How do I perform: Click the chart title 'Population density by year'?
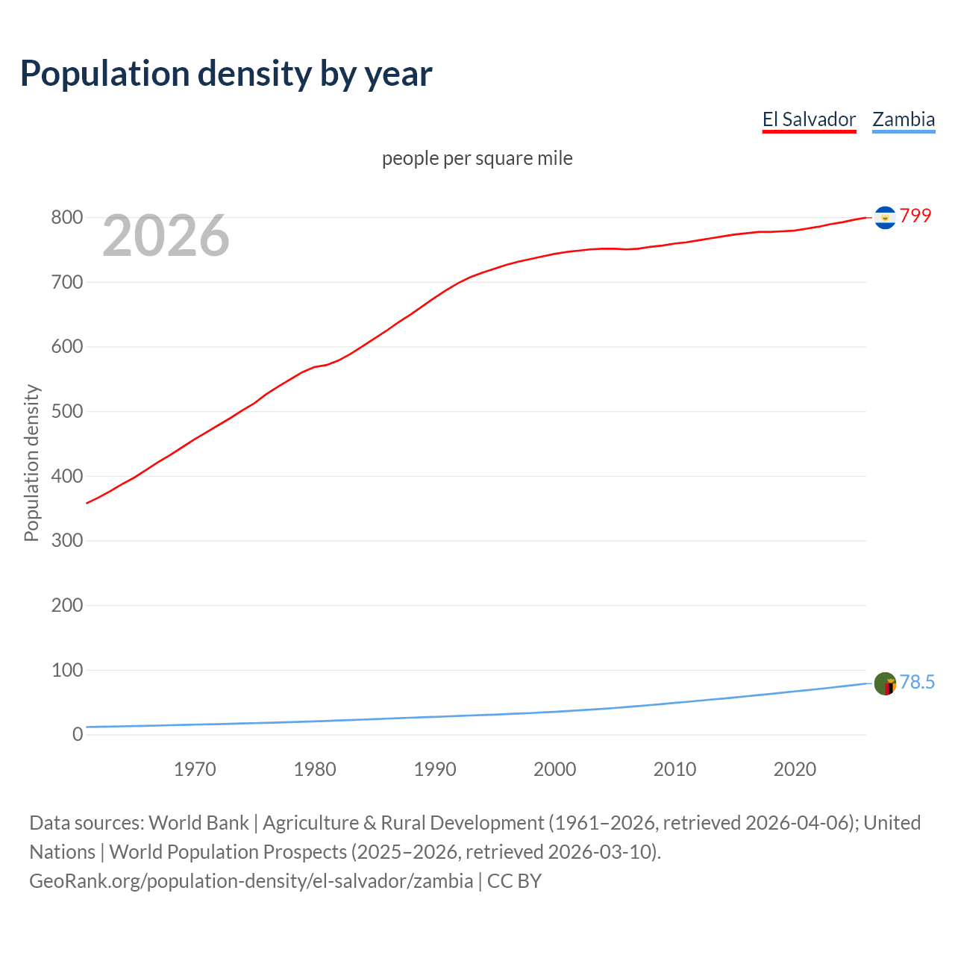point(226,74)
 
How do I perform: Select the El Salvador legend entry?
point(809,119)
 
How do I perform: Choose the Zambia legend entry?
point(904,119)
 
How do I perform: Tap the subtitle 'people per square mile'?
point(477,159)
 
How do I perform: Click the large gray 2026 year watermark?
point(166,236)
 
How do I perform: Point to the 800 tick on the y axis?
point(66,218)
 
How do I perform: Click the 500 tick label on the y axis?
point(66,412)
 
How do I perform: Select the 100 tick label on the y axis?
point(66,670)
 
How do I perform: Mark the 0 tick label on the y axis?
point(78,735)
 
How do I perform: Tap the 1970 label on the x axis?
point(195,769)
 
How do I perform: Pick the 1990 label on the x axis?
point(435,769)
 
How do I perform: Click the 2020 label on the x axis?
point(795,769)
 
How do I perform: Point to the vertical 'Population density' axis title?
point(31,463)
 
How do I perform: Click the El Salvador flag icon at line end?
point(885,217)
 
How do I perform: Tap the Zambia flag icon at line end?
point(885,683)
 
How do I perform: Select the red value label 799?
point(915,216)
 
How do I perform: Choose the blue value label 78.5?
point(917,683)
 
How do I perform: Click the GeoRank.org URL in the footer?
point(251,881)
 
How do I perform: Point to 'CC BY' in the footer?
point(514,881)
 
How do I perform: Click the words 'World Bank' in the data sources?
point(198,823)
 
